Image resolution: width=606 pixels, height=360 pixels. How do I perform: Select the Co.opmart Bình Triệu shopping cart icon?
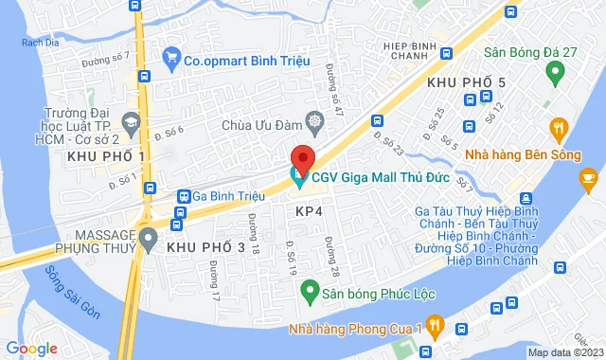(171, 59)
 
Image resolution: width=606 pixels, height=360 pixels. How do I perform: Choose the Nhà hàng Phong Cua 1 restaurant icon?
(435, 329)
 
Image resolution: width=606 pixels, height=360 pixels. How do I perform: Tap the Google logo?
(30, 349)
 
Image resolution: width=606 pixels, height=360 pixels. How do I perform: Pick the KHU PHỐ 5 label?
(466, 83)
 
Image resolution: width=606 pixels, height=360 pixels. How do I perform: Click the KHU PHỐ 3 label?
(212, 247)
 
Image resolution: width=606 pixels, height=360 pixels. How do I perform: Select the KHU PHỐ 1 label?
(107, 155)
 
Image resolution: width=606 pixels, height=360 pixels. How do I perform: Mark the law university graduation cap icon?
(131, 120)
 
